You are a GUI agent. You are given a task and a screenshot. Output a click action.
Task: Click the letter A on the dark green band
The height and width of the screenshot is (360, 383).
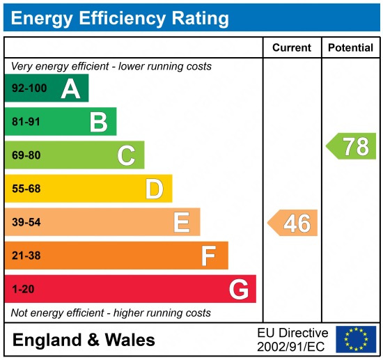(70, 89)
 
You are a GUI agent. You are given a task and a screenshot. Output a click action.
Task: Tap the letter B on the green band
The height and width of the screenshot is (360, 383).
(98, 123)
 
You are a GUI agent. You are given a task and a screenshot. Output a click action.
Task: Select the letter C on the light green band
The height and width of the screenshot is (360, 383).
(126, 156)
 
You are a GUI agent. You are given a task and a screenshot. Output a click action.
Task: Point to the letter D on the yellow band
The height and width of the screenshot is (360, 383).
(154, 189)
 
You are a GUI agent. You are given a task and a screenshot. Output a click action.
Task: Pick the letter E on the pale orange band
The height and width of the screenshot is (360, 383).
(182, 222)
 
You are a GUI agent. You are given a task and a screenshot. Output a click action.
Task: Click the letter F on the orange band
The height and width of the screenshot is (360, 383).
(209, 256)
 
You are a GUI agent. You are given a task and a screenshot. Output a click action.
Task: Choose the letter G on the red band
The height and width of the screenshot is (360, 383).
(239, 289)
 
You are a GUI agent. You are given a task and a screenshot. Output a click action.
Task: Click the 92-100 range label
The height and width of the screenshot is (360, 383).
(29, 89)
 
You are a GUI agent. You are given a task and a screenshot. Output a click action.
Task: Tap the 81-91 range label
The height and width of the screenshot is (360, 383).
(26, 123)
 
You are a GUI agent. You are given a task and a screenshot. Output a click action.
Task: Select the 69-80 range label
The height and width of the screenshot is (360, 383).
(26, 156)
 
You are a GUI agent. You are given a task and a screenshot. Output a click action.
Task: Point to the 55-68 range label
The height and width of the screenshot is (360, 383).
(26, 189)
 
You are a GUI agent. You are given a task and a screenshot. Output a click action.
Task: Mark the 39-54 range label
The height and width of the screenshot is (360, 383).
(26, 222)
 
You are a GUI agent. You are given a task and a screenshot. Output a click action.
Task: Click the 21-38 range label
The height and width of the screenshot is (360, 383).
(26, 256)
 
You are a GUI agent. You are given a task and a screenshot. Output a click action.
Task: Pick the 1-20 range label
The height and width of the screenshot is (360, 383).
(23, 289)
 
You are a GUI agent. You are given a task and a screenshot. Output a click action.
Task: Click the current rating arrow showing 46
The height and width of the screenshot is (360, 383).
(293, 223)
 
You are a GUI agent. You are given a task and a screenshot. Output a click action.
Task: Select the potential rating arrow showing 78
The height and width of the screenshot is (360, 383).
(352, 146)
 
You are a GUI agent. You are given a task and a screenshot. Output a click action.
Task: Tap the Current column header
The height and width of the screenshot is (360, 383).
(292, 48)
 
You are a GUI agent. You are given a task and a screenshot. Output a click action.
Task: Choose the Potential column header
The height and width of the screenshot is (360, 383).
(350, 48)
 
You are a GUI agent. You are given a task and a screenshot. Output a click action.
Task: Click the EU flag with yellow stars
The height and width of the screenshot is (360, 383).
(356, 339)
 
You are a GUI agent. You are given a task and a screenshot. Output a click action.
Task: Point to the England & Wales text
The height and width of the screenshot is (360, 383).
(84, 341)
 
